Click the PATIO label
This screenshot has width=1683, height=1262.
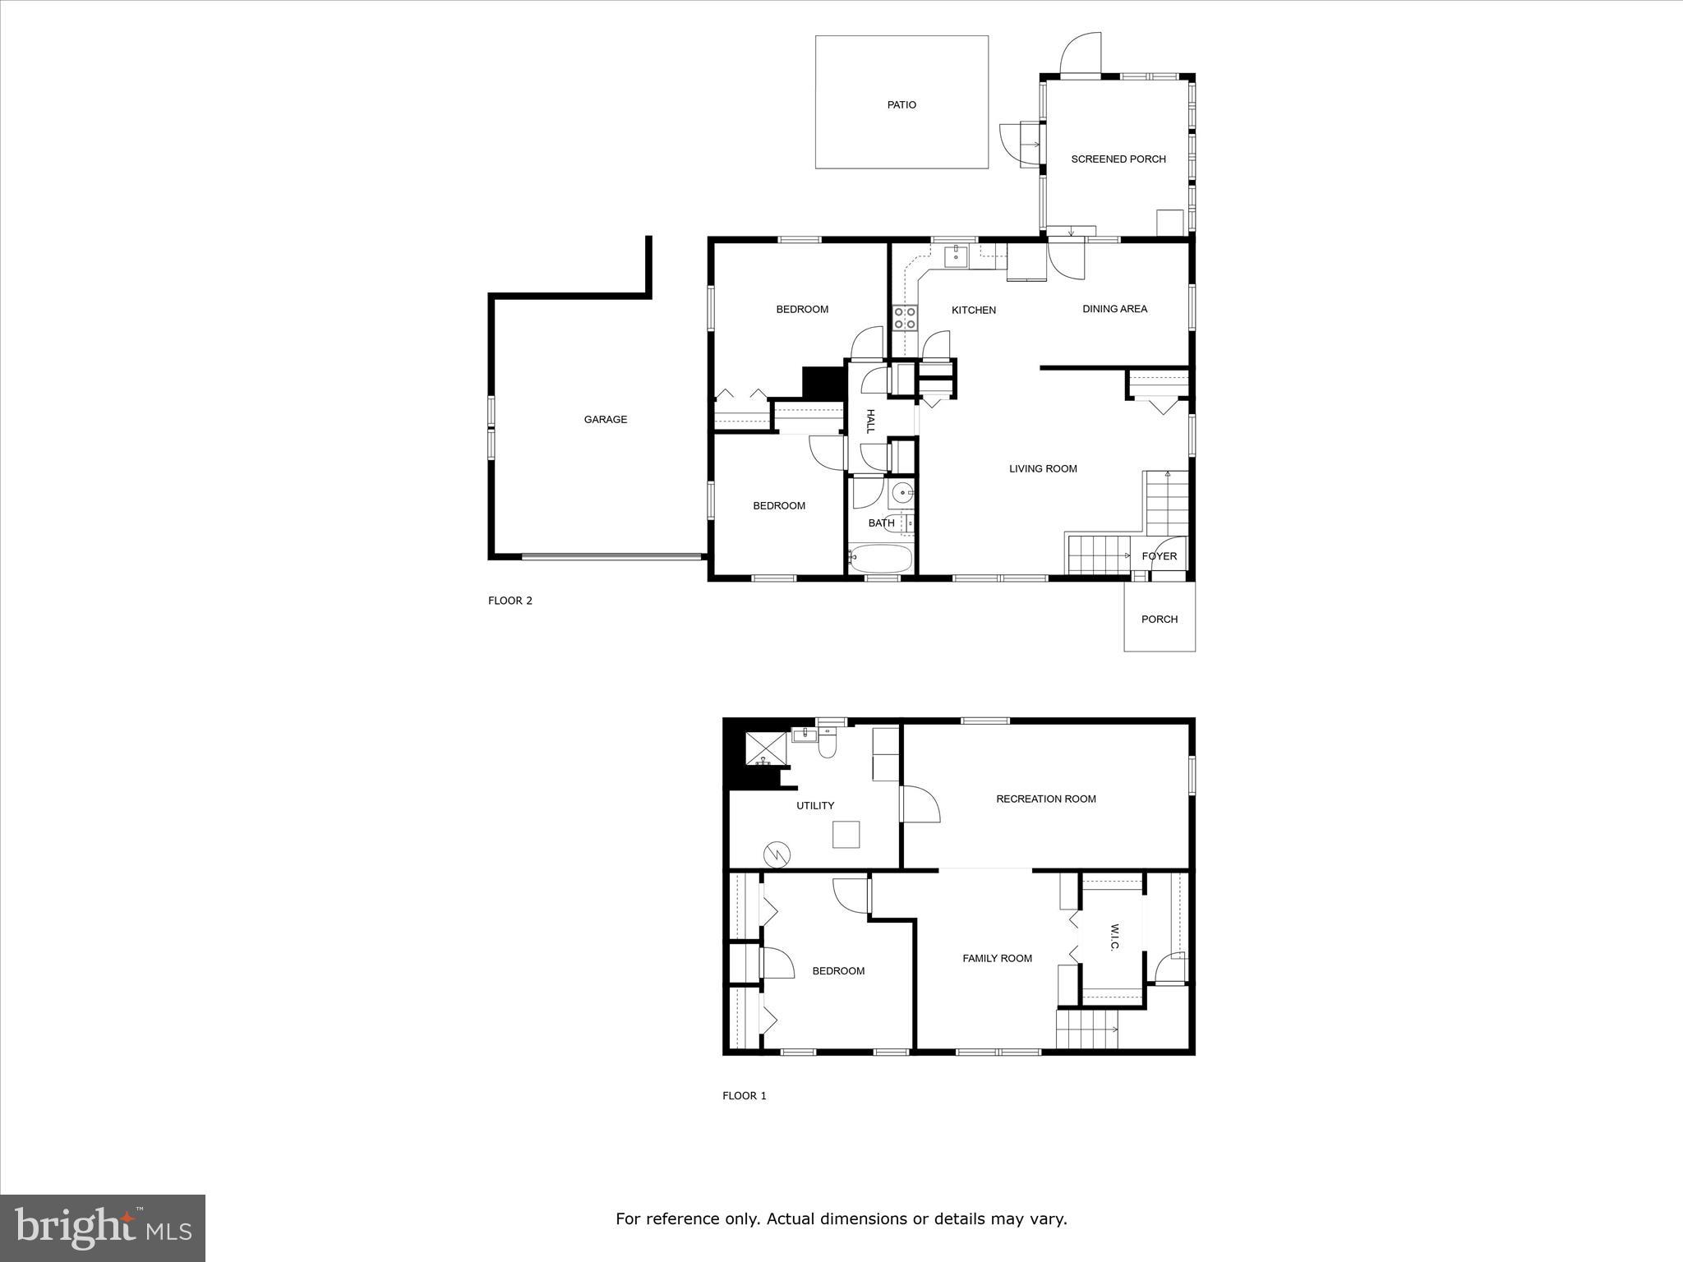pos(901,105)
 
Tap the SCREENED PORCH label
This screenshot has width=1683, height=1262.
pos(1118,159)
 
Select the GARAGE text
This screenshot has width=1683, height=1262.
pos(605,420)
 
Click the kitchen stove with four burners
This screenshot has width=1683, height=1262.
pos(905,318)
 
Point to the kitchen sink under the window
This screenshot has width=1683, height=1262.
pos(956,257)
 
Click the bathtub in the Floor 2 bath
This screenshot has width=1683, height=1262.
pos(881,560)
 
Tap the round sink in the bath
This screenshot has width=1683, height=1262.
pos(902,494)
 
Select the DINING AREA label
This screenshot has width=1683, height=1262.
pos(1114,309)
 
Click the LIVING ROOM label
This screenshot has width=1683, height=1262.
pos(1043,469)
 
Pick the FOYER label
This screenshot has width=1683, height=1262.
pos(1159,556)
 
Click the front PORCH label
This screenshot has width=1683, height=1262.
pos(1159,619)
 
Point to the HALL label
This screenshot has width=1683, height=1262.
pos(870,421)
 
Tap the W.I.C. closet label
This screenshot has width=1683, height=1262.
pos(1114,937)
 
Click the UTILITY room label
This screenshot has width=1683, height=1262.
pos(814,806)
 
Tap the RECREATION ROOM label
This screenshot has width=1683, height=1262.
pos(1045,799)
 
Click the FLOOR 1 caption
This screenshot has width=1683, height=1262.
pos(744,1095)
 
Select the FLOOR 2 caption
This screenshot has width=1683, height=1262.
pos(510,601)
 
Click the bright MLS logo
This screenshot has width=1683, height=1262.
pos(103,1227)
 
